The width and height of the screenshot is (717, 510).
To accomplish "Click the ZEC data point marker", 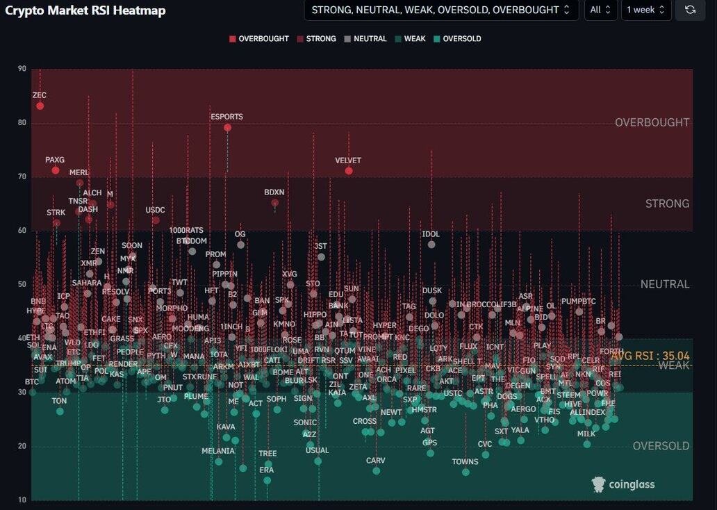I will [40, 106].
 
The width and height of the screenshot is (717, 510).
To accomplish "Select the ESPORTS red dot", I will [227, 127].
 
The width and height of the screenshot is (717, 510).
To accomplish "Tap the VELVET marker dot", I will [349, 171].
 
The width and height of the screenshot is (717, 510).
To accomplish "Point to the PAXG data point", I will [56, 170].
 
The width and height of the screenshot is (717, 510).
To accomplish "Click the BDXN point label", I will [274, 192].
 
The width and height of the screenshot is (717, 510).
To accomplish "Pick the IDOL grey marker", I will [431, 244].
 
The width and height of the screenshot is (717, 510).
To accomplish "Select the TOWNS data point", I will [465, 472].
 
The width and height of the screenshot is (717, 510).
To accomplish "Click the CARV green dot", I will [377, 470].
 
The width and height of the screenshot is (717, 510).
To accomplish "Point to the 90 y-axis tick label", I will [22, 68].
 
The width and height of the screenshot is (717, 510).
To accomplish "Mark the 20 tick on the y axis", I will [22, 446].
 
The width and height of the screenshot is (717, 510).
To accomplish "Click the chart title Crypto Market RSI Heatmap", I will [85, 10].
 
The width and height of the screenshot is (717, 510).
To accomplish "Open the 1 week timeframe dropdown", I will [645, 10].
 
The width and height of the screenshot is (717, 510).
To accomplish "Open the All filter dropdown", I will [600, 10].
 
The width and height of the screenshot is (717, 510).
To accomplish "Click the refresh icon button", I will [690, 10].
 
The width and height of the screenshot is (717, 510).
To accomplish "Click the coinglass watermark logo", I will [623, 484].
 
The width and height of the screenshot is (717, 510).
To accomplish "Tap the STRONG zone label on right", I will [667, 204].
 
